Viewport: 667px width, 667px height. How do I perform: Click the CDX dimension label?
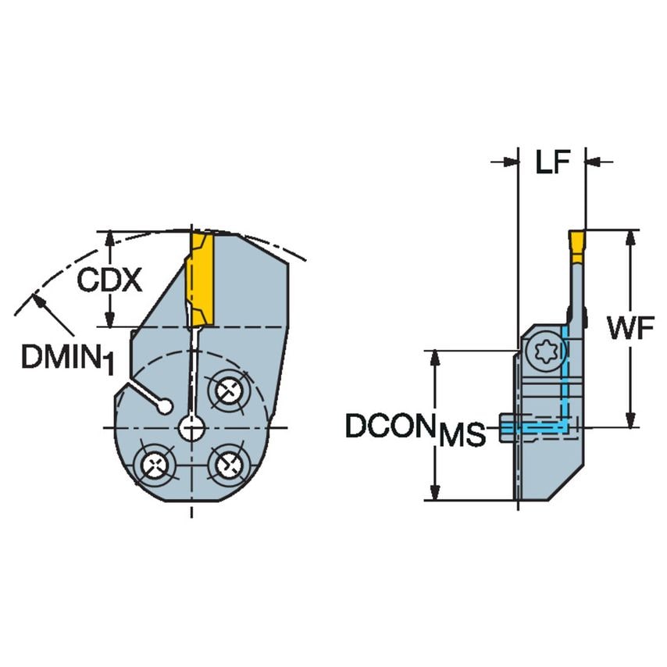click(x=109, y=279)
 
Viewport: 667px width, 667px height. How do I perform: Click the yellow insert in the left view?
click(x=202, y=279)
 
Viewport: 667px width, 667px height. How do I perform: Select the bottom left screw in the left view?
click(x=154, y=465)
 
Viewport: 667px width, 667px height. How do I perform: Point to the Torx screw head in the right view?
click(x=542, y=354)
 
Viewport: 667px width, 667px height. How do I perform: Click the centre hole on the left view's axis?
click(x=191, y=427)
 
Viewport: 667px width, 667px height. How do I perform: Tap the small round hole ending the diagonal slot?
click(x=165, y=406)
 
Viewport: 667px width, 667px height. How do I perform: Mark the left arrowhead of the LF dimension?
click(x=511, y=162)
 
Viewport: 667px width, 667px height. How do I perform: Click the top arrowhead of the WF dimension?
click(x=630, y=237)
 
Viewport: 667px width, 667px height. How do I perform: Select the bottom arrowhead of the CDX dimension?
click(x=110, y=319)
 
